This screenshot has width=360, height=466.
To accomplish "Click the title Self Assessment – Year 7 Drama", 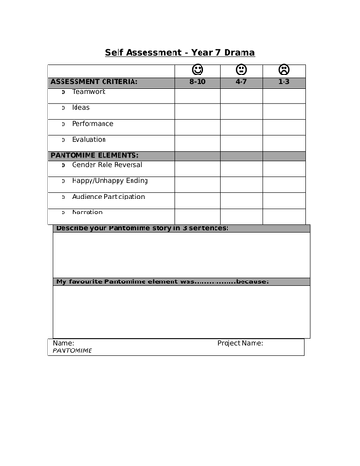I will tap(180, 52).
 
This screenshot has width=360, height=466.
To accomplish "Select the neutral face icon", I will tap(241, 70).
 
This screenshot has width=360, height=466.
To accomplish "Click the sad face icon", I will tap(284, 70).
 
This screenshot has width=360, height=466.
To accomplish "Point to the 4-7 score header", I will tap(241, 82).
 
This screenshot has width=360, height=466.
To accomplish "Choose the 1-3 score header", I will tap(284, 82).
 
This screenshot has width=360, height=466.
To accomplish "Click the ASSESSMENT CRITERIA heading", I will tap(92, 82).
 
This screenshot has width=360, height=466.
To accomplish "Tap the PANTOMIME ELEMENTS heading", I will tap(93, 154).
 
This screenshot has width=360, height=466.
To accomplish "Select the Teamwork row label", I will tap(89, 93).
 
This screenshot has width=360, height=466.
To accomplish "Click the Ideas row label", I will tap(81, 108).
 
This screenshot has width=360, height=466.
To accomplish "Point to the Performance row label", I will tap(92, 123).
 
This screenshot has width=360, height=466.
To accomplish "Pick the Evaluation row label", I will tap(89, 139).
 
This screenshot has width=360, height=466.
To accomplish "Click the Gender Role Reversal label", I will tap(104, 164).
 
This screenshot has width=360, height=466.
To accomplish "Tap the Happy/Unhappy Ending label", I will tap(109, 180).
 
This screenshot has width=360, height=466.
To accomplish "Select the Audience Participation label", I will tap(108, 196).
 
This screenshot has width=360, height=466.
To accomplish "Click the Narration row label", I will tap(87, 212).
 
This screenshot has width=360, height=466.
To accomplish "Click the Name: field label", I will tap(62, 343).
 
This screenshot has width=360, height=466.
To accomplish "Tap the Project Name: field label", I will tap(240, 343).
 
